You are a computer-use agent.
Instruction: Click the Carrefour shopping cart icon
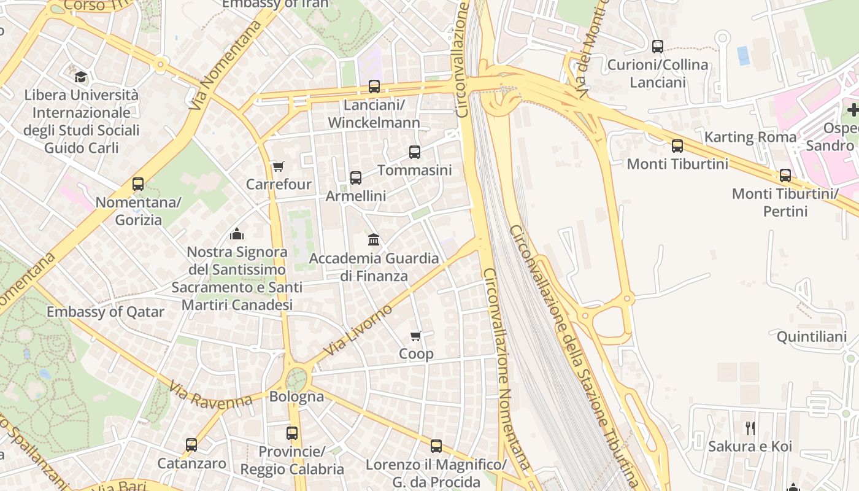[x=278, y=166]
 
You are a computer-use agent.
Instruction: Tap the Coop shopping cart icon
[x=416, y=336]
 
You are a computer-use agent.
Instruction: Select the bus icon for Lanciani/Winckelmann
[x=374, y=87]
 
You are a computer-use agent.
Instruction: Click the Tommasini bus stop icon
[x=415, y=152]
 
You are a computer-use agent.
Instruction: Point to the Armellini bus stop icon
[x=356, y=178]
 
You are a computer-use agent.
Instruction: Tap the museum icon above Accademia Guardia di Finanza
[x=374, y=239]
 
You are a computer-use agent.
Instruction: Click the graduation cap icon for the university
[x=80, y=77]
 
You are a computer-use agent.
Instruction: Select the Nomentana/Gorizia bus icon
[x=138, y=184]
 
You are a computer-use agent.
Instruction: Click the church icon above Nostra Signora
[x=237, y=234]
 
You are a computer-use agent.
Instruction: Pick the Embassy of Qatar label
[x=106, y=312]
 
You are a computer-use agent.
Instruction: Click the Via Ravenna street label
[x=210, y=396]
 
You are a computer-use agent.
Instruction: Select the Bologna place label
[x=296, y=396]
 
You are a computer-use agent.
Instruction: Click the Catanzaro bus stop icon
[x=191, y=445]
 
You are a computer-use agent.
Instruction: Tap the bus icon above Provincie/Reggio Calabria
[x=292, y=433]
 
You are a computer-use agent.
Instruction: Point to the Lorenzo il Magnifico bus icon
[x=436, y=446]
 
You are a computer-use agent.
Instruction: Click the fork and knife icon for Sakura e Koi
[x=750, y=428]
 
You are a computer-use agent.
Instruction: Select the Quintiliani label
[x=811, y=337]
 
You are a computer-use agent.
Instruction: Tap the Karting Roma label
[x=750, y=137]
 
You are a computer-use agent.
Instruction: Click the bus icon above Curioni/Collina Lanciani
[x=658, y=46]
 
